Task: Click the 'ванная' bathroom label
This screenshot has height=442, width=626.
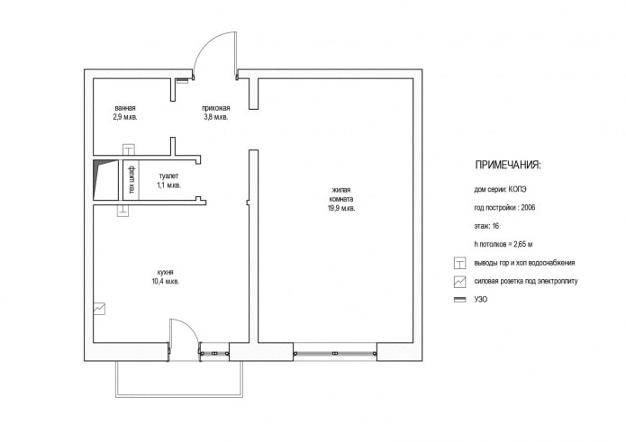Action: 124,108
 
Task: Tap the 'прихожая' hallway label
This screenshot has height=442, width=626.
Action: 214,108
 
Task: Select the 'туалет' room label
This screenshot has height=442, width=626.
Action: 168,176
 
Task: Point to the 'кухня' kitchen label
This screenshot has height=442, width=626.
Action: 165,272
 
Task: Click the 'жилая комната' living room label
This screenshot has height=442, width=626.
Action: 341,194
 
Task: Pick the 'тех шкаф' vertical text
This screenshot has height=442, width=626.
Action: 132,181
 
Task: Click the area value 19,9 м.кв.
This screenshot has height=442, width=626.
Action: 341,208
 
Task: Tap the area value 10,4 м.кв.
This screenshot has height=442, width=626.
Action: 165,282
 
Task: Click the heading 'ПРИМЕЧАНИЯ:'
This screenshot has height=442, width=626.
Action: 507,166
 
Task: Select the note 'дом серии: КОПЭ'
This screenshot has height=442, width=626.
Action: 501,190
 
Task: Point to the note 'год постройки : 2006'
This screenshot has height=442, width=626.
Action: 504,208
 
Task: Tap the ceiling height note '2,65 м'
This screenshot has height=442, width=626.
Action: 519,244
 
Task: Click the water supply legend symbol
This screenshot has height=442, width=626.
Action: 459,263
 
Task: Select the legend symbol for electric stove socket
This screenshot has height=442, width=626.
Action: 459,281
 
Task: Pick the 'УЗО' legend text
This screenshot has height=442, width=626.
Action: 480,299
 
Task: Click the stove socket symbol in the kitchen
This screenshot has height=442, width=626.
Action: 99,309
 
